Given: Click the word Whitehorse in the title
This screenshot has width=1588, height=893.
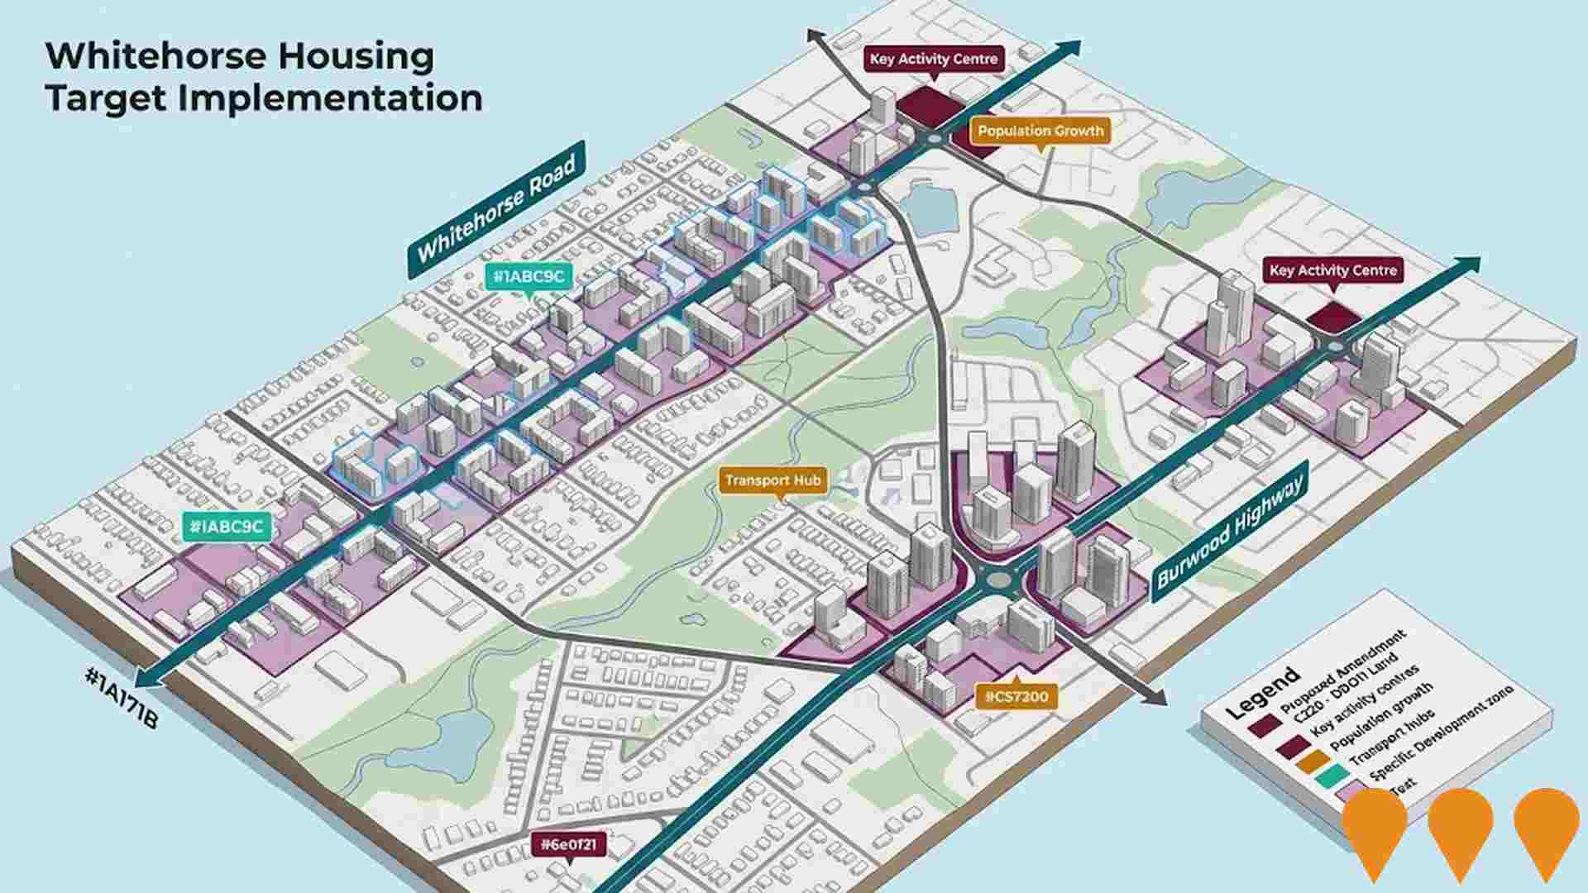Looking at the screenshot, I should click(x=158, y=56).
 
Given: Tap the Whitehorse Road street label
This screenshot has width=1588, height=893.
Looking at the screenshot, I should click(x=496, y=210).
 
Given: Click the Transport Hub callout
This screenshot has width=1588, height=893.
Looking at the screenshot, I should click(x=772, y=480).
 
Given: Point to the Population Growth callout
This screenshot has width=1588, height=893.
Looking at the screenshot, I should click(x=1040, y=131).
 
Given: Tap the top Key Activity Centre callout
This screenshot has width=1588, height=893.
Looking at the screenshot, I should click(x=934, y=59).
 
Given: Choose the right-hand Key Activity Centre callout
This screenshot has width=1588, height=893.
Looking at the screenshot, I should click(x=1332, y=270).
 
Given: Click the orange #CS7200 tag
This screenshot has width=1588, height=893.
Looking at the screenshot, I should click(x=1016, y=697).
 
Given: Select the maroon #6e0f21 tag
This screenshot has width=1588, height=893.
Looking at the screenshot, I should click(x=567, y=844).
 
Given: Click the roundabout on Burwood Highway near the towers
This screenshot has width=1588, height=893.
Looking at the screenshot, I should click(x=997, y=578).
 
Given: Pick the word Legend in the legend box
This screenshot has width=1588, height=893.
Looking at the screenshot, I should click(x=1262, y=695).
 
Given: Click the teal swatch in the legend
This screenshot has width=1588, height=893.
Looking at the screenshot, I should click(x=1331, y=777).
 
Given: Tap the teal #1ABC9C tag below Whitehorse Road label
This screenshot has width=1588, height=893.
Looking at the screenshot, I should click(x=528, y=276).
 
